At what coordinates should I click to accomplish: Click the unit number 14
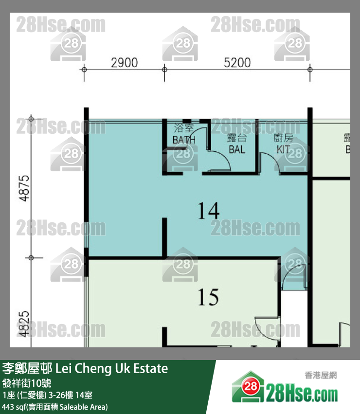point(208,211)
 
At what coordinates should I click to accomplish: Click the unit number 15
point(208,297)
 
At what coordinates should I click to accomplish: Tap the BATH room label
point(184,140)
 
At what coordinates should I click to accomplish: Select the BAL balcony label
point(237,149)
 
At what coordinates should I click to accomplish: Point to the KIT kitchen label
point(284,149)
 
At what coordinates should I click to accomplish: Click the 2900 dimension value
point(124,63)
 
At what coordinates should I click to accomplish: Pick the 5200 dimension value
point(237,63)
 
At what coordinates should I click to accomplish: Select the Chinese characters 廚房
point(284,138)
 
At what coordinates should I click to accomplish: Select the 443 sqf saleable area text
point(55,406)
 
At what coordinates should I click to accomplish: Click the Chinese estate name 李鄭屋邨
point(28,368)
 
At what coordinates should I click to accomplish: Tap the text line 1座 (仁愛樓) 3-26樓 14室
point(51,395)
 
